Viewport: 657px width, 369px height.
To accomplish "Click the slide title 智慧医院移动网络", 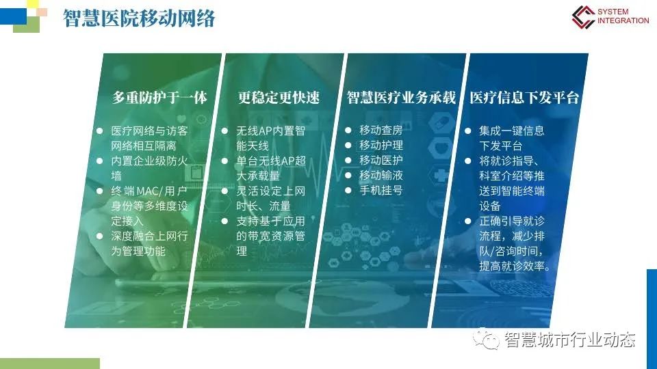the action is click(139, 18).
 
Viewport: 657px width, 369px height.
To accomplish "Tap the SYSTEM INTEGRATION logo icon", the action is click(583, 16).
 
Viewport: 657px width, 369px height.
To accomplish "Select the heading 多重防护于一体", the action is click(159, 98).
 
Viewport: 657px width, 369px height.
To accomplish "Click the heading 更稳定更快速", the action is click(279, 98).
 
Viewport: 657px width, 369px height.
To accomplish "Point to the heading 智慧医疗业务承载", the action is click(401, 98).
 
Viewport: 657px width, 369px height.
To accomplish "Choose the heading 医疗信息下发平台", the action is click(524, 98).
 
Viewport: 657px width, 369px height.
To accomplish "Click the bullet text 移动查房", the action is click(381, 131).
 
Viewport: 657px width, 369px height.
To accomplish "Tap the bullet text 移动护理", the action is click(381, 146).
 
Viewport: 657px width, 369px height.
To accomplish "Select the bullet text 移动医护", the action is click(381, 161).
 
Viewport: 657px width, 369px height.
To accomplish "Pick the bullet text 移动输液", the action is click(381, 176).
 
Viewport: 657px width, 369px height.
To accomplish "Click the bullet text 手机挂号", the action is click(381, 191).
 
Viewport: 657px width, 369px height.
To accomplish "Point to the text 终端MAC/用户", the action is click(149, 191).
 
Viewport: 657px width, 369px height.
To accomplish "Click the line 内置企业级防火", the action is click(149, 161).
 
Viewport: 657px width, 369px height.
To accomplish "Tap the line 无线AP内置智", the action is click(271, 131).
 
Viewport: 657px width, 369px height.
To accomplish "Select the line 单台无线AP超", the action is click(271, 161).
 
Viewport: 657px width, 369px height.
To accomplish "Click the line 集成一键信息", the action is click(512, 131).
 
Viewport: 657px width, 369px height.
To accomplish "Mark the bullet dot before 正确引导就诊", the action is click(468, 221).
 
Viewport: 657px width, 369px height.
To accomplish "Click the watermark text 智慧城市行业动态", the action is click(570, 340).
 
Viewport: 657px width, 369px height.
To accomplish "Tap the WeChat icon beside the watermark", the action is click(486, 340).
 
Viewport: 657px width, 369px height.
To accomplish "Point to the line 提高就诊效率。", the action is click(515, 266).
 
